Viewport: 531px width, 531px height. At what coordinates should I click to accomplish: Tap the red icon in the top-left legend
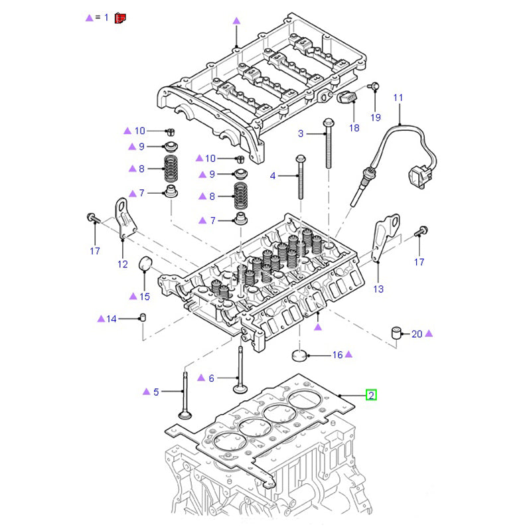point(120,18)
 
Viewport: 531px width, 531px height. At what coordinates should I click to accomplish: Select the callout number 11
point(398,98)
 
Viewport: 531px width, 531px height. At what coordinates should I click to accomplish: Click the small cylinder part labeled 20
point(397,333)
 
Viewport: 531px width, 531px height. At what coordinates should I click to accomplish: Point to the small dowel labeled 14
point(142,319)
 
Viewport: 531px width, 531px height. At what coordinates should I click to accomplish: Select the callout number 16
point(337,355)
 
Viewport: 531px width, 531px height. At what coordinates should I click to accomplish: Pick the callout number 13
point(378,289)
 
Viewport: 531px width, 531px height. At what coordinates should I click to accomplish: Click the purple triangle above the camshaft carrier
point(236,21)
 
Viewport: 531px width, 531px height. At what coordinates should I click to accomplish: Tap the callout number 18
point(354,127)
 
